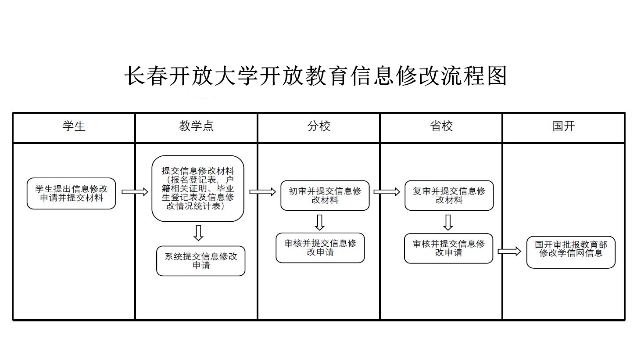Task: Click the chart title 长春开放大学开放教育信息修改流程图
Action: click(316, 76)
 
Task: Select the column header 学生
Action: click(74, 126)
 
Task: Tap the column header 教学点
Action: click(196, 126)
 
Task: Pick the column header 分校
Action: click(318, 126)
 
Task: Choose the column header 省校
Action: click(441, 126)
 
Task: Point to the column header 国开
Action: click(563, 126)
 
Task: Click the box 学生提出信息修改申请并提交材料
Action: click(71, 193)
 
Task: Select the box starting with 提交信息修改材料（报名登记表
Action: click(198, 188)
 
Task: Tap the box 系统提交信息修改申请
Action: click(200, 261)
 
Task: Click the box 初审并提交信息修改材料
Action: click(325, 195)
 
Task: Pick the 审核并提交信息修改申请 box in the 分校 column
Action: click(320, 248)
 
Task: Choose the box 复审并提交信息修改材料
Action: click(449, 195)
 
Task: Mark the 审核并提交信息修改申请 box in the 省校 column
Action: click(448, 248)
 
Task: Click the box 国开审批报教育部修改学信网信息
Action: click(571, 252)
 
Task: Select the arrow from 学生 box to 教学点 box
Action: click(135, 192)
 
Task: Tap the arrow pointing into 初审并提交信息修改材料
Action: click(262, 192)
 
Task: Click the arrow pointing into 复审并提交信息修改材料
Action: click(386, 192)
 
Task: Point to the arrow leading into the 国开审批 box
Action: click(509, 252)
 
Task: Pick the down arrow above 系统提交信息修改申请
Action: click(198, 233)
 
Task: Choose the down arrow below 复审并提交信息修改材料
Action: click(448, 222)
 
